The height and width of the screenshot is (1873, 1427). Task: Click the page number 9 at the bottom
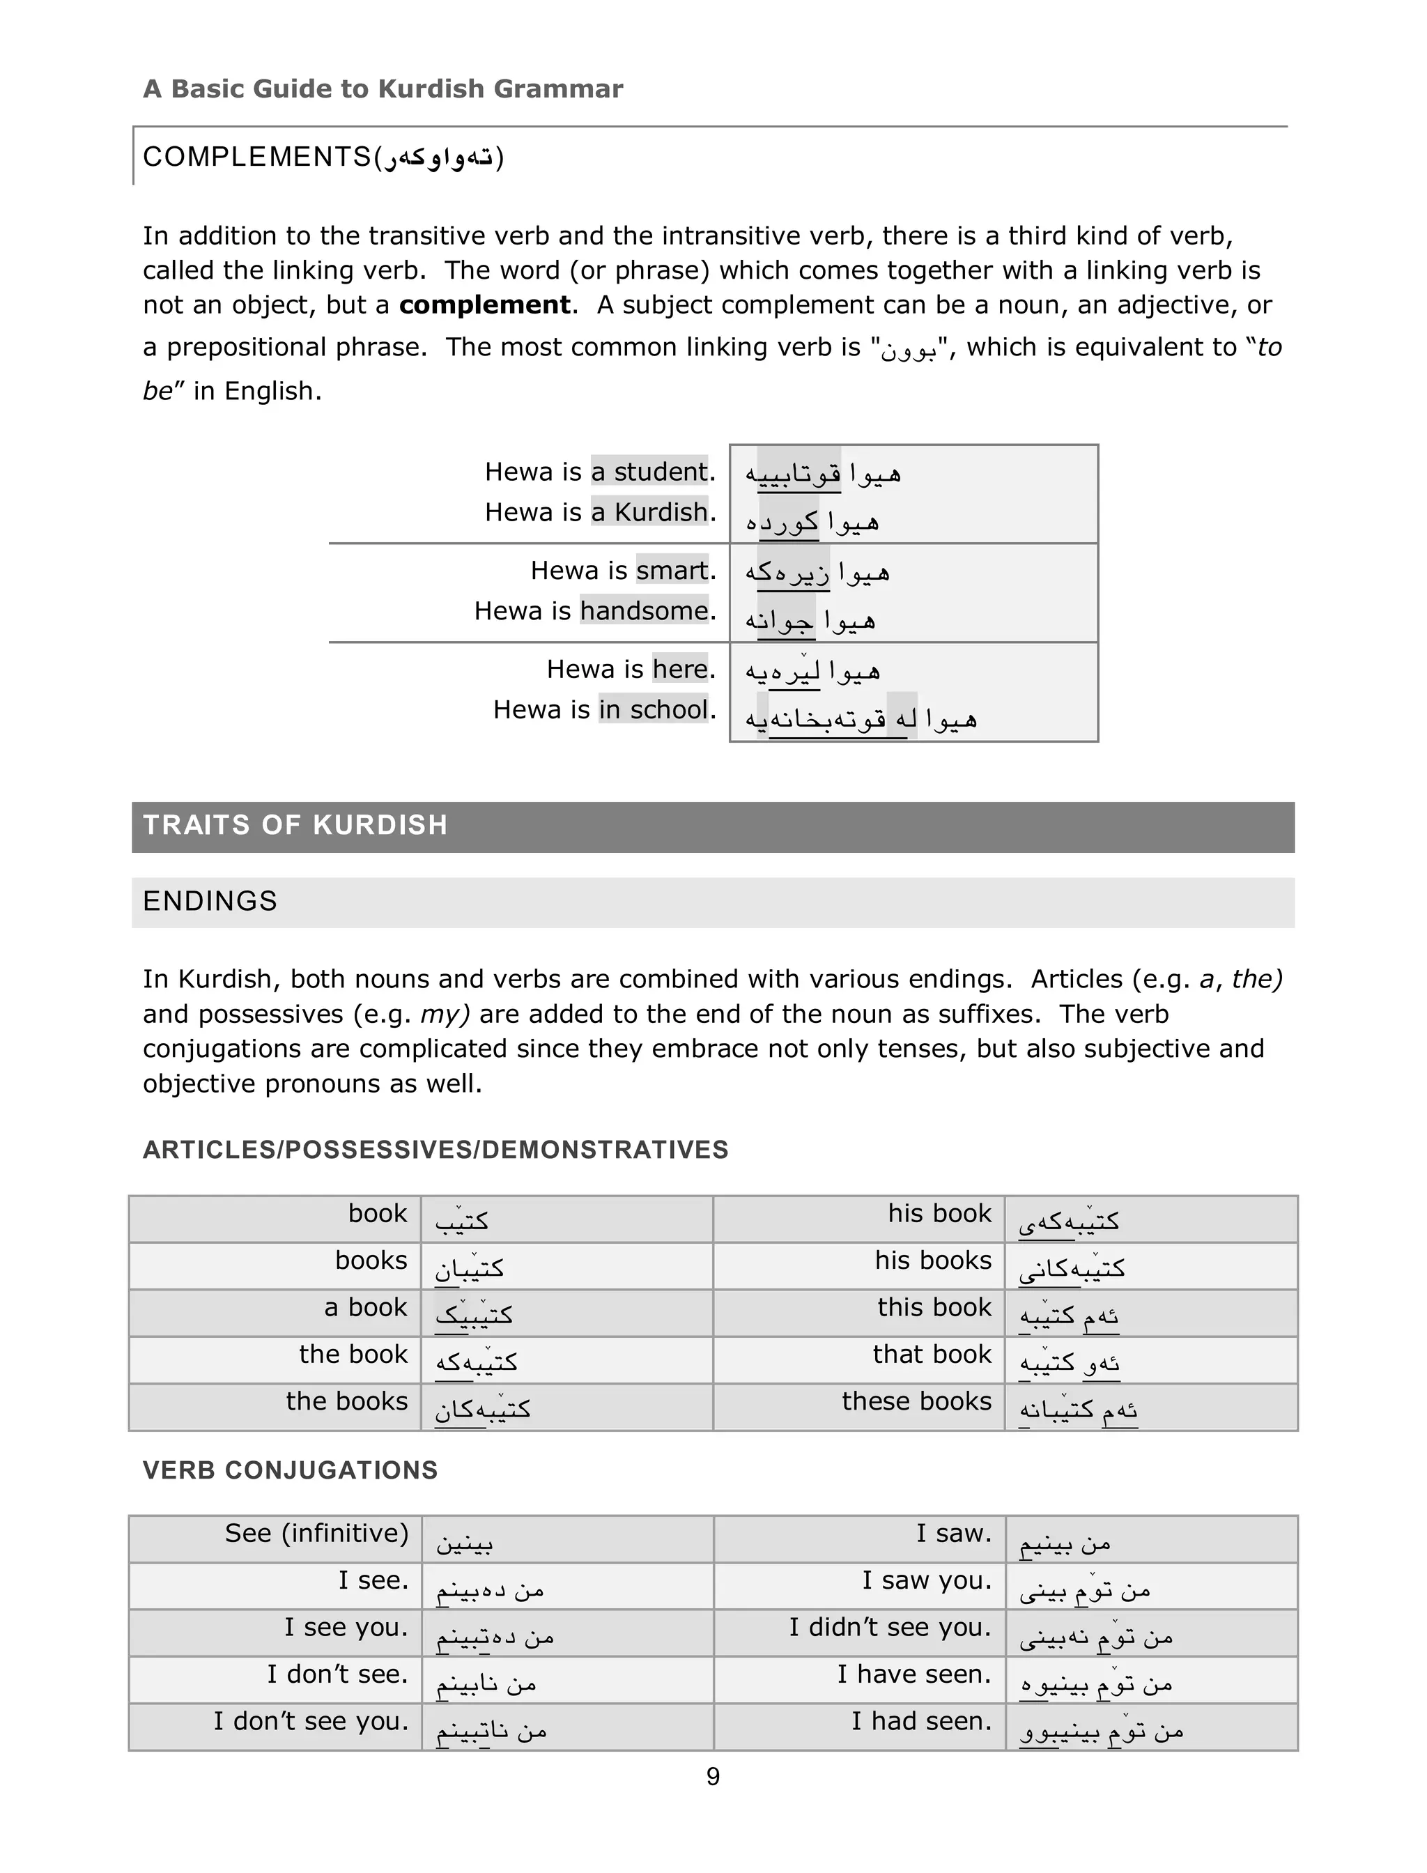pos(713,1776)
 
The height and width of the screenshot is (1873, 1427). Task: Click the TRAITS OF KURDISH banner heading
pos(295,825)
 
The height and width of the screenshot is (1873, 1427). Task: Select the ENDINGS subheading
pos(210,901)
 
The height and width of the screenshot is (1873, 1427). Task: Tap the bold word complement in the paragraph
pos(485,305)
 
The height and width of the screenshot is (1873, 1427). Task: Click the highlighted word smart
pos(672,570)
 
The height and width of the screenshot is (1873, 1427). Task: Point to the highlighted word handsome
pos(645,610)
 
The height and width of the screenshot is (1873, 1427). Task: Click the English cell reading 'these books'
pos(916,1401)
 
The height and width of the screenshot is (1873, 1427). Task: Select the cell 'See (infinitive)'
pos(316,1533)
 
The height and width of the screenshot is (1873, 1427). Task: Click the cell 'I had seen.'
pos(922,1721)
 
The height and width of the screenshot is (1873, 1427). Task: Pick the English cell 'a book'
pos(365,1307)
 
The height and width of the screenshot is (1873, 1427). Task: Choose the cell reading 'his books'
pos(933,1261)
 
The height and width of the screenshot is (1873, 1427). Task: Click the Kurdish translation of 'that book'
pos(1070,1362)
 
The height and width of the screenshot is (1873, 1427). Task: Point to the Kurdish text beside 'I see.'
pos(490,1589)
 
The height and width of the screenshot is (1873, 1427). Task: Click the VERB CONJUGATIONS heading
pos(290,1470)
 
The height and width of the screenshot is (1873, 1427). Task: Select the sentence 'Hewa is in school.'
pos(604,709)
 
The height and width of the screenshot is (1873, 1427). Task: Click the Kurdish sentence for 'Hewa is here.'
pos(813,671)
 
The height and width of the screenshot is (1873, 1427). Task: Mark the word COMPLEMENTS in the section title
pos(256,157)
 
